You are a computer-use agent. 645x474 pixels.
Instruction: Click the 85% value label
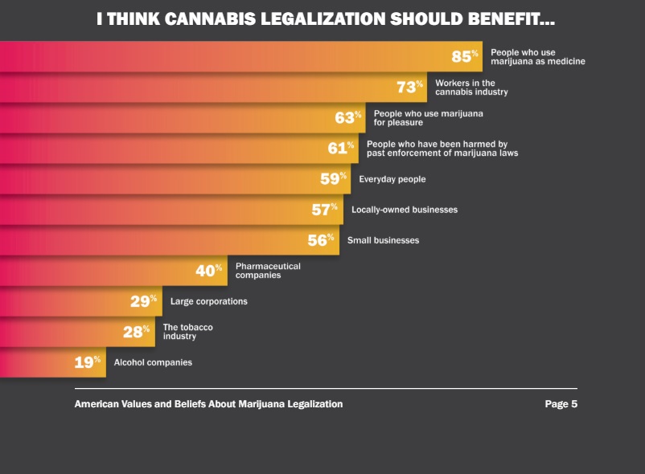[465, 56]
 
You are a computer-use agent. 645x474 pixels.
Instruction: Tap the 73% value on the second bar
[409, 87]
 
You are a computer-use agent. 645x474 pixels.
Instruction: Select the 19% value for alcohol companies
[87, 362]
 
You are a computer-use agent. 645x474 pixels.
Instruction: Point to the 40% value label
[208, 271]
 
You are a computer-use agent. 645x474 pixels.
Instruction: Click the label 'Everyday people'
[392, 179]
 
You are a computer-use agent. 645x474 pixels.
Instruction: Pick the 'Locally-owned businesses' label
[405, 210]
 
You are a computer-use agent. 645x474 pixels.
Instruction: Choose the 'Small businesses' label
[383, 240]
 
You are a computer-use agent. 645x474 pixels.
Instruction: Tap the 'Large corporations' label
[209, 301]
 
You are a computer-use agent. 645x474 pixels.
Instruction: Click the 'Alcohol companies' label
[153, 362]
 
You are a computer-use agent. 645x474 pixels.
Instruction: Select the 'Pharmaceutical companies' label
[268, 271]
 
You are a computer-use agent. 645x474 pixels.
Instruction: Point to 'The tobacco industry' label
[188, 332]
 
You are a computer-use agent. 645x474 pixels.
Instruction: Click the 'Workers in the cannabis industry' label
[471, 88]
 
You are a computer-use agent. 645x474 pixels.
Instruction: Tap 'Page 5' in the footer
[561, 404]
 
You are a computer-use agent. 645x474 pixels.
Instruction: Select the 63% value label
[348, 117]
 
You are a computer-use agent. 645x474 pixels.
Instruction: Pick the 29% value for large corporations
[143, 301]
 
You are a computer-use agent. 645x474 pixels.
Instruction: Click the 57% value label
[324, 210]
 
